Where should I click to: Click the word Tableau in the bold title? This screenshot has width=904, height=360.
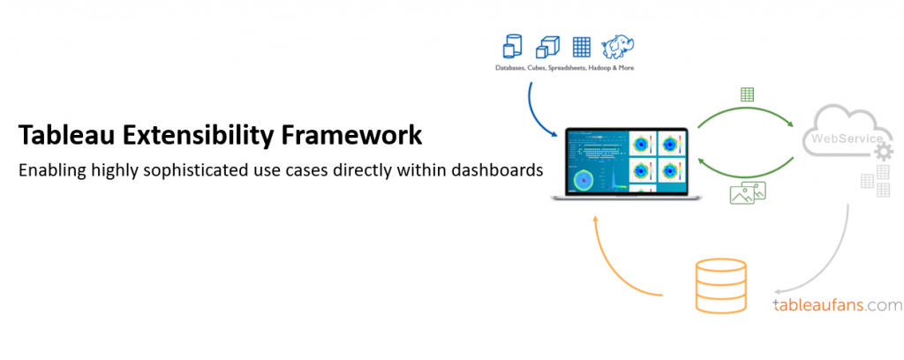64,137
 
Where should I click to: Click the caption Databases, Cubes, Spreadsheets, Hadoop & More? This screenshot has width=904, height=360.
565,67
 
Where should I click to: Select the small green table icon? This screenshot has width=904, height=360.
747,94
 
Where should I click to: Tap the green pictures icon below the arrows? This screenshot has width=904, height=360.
748,193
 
